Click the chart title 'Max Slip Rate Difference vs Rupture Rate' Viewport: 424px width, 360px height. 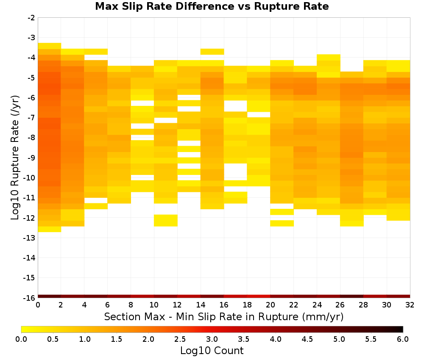[212, 6]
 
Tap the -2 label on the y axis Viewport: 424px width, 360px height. [31, 18]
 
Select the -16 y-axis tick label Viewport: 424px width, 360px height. [30, 298]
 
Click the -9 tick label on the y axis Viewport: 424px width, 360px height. [31, 158]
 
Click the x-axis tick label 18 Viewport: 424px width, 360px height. [247, 305]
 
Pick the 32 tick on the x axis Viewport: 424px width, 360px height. [410, 305]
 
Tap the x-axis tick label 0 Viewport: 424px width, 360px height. [38, 305]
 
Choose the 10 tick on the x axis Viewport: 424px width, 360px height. [154, 305]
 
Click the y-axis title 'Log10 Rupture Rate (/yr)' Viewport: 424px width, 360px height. [15, 158]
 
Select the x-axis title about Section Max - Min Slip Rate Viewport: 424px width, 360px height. [224, 316]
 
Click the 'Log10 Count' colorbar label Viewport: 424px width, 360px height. [212, 351]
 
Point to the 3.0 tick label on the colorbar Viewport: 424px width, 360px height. [212, 339]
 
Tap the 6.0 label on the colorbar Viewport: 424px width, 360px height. [403, 339]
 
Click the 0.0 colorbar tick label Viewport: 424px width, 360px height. [21, 339]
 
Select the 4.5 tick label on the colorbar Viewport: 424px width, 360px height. [307, 339]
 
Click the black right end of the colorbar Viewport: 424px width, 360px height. [402, 329]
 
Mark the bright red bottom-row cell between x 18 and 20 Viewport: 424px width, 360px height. [259, 296]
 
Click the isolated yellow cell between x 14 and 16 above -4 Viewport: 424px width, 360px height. [212, 52]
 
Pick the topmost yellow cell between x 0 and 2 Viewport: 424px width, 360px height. [50, 46]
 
